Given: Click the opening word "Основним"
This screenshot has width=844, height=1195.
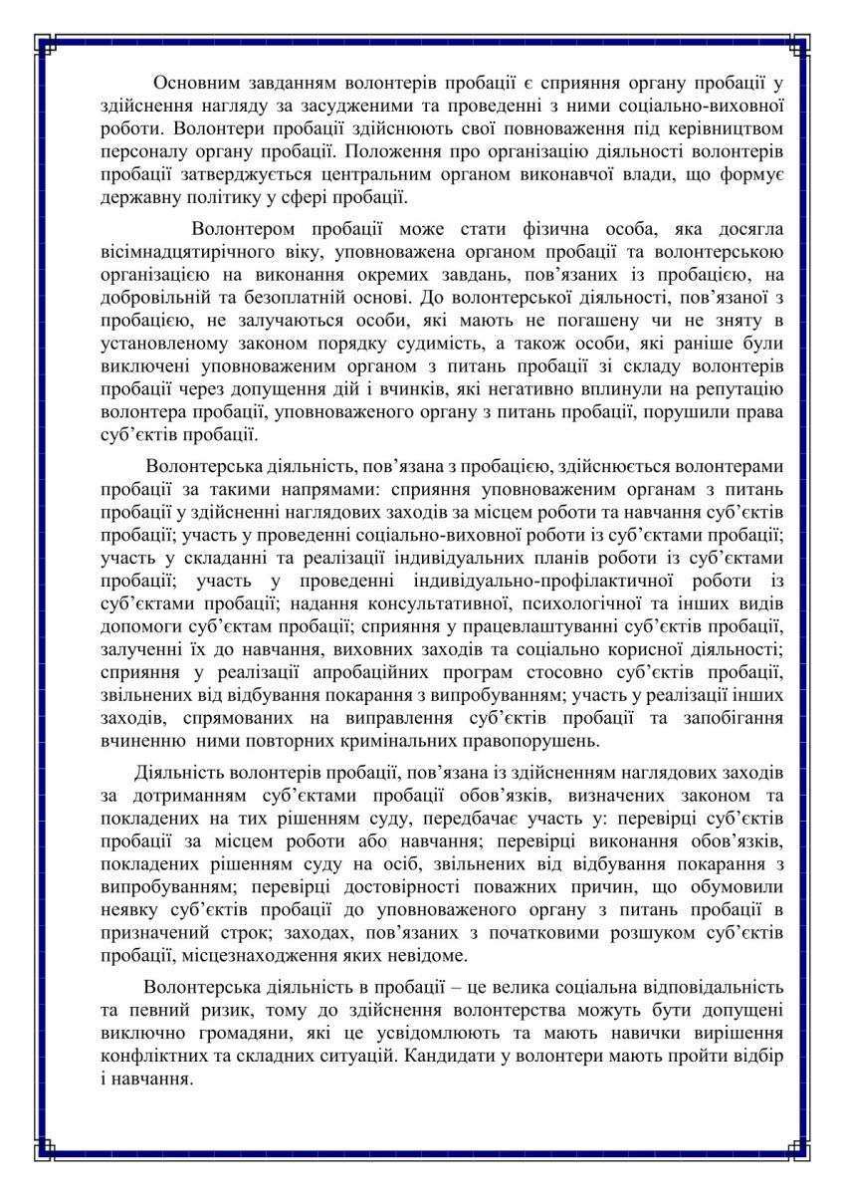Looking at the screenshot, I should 195,82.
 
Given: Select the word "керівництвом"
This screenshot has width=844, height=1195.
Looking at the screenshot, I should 718,129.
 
